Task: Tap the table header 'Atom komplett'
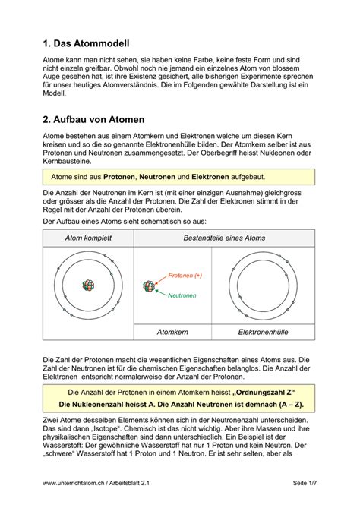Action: point(87,238)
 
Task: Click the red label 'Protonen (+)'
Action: point(185,275)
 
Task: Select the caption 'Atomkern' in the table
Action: point(172,332)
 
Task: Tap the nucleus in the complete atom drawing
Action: point(89,286)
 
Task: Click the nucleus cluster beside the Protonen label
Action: point(150,286)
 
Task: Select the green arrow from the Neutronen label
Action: point(162,292)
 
